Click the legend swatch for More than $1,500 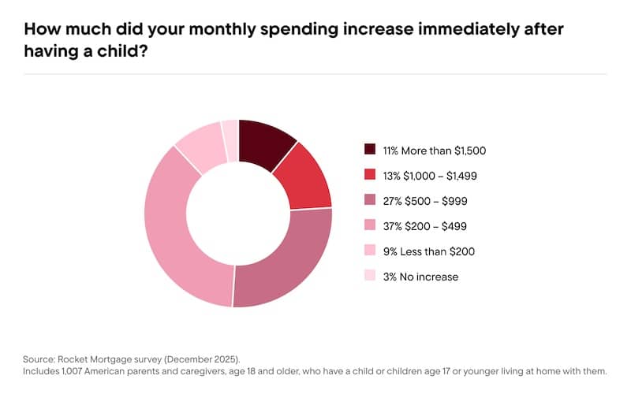[x=370, y=150]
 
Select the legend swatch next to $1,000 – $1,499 [x=370, y=175]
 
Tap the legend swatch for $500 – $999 [x=370, y=200]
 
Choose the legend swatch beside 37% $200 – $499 [x=370, y=225]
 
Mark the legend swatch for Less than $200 [x=370, y=251]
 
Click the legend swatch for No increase [x=370, y=277]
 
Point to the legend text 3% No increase [x=420, y=277]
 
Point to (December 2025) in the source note [x=202, y=356]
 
